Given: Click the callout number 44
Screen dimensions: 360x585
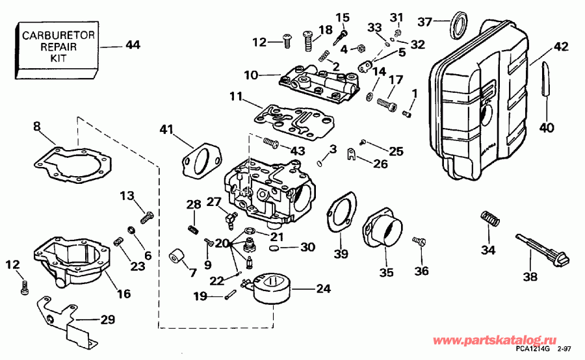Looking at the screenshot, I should click(x=133, y=45).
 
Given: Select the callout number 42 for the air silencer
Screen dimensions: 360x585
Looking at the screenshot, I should click(x=561, y=47).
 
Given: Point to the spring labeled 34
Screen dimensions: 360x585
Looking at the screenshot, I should click(x=489, y=220).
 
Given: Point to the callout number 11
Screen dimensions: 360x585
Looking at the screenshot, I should click(x=236, y=97).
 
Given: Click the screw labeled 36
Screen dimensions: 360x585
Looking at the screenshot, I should click(x=419, y=242).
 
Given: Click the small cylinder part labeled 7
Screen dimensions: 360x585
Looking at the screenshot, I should click(x=176, y=258).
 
